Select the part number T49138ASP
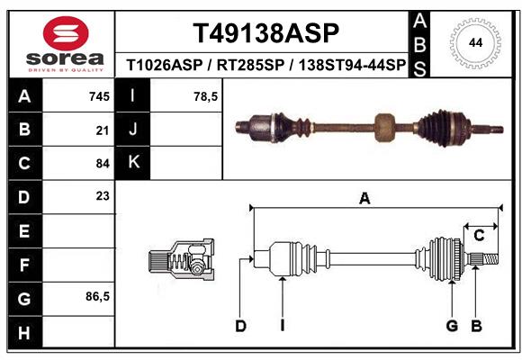tap(266, 33)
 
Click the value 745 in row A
tap(99, 96)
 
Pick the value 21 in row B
tap(103, 130)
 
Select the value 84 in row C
tap(103, 164)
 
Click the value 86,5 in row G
tap(97, 296)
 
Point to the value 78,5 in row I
tap(206, 96)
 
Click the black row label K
tap(133, 163)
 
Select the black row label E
tap(24, 231)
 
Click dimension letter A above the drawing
tap(364, 199)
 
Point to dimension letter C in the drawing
tap(480, 235)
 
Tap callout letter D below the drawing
tap(240, 326)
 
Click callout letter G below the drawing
tap(452, 326)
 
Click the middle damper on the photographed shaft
tap(385, 127)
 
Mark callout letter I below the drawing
tap(282, 326)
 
